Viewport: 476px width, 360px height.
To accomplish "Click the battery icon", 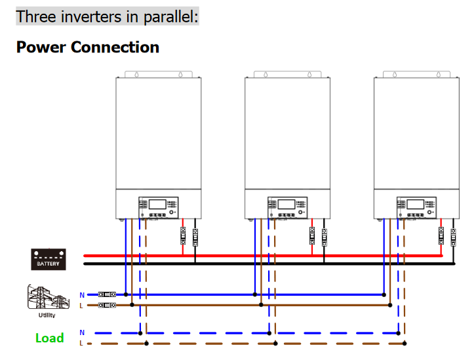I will pyautogui.click(x=49, y=258).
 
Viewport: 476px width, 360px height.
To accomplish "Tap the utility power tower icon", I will pyautogui.click(x=47, y=297).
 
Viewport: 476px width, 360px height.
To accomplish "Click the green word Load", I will pyautogui.click(x=49, y=338).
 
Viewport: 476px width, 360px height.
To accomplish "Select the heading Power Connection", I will pyautogui.click(x=87, y=47).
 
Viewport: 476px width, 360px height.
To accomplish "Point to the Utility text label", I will pyautogui.click(x=47, y=315).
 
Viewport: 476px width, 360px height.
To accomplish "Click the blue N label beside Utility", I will pyautogui.click(x=82, y=295).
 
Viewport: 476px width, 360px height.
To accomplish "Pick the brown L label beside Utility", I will pyautogui.click(x=82, y=305).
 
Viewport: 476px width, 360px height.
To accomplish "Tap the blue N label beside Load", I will pyautogui.click(x=82, y=333).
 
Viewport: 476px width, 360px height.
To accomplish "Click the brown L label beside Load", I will pyautogui.click(x=82, y=343).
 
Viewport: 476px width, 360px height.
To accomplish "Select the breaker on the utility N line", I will pyautogui.click(x=107, y=295).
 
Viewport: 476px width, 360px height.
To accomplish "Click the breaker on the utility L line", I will pyautogui.click(x=107, y=305).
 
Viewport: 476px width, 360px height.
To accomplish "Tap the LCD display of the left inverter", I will pyautogui.click(x=158, y=204).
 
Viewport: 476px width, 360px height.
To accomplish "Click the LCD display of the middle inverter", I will pyautogui.click(x=287, y=204).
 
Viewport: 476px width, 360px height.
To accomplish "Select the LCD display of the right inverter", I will pyautogui.click(x=415, y=204).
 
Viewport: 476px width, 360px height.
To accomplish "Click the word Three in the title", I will pyautogui.click(x=36, y=16).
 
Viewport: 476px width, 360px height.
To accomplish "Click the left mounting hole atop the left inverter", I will pyautogui.click(x=136, y=75).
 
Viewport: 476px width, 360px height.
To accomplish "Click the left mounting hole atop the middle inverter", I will pyautogui.click(x=266, y=75).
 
